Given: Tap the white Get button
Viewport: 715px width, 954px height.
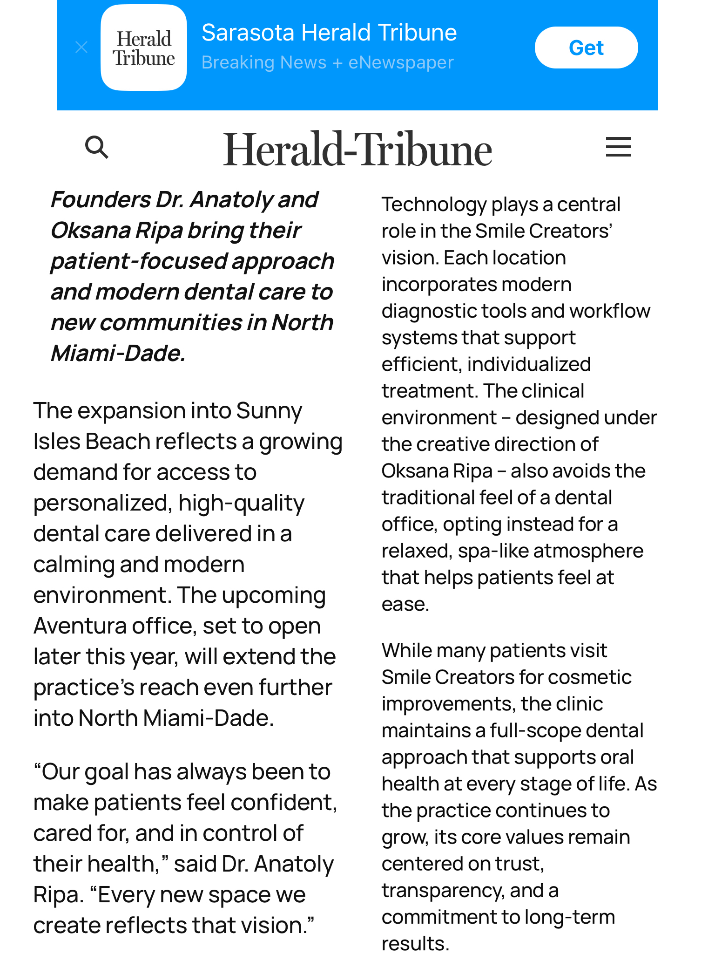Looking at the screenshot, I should click(x=586, y=48).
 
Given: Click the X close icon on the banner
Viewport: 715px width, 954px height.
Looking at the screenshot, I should click(x=81, y=47).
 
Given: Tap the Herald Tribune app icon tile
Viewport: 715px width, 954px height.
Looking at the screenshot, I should click(x=144, y=48).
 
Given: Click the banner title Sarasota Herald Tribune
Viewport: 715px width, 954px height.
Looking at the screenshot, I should click(x=329, y=33).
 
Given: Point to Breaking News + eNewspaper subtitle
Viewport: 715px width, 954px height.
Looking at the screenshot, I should click(x=327, y=62).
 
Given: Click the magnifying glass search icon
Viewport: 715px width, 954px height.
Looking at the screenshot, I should click(x=97, y=147).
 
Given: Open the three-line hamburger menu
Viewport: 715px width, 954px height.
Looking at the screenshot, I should click(x=618, y=147).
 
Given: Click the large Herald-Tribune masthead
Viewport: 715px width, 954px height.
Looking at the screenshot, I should click(x=357, y=149).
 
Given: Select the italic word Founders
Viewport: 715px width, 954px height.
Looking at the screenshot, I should click(x=101, y=200).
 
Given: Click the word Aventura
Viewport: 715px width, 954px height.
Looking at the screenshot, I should click(x=80, y=626).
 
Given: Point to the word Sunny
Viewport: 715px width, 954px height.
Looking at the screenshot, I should click(x=269, y=411).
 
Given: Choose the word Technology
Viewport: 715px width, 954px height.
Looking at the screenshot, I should click(x=434, y=204).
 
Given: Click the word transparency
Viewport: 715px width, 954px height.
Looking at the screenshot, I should click(x=443, y=891).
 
